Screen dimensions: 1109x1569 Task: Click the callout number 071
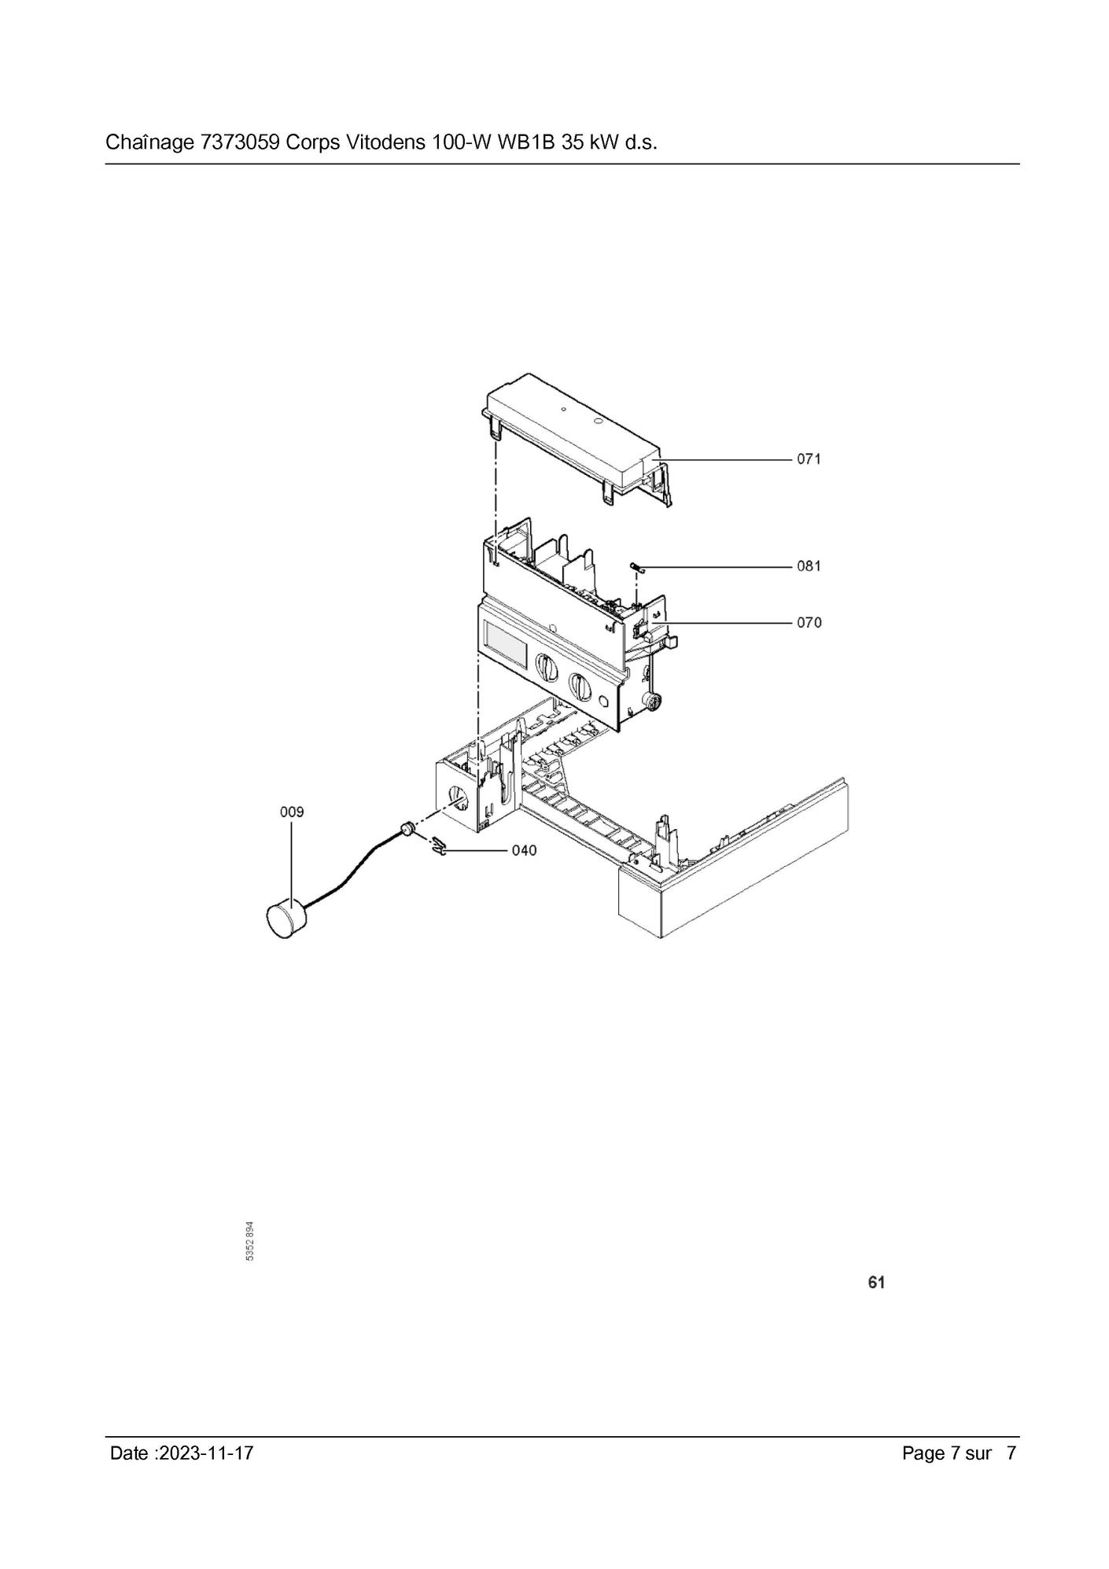coord(809,459)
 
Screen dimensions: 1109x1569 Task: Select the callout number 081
coord(809,565)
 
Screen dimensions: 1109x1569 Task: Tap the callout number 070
coord(809,622)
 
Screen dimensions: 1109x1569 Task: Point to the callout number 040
coord(524,850)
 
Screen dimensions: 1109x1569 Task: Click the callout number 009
coord(292,811)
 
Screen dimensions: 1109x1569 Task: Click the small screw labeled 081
coord(637,566)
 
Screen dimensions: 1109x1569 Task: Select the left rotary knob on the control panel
coord(545,667)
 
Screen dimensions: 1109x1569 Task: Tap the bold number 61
coord(876,1283)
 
